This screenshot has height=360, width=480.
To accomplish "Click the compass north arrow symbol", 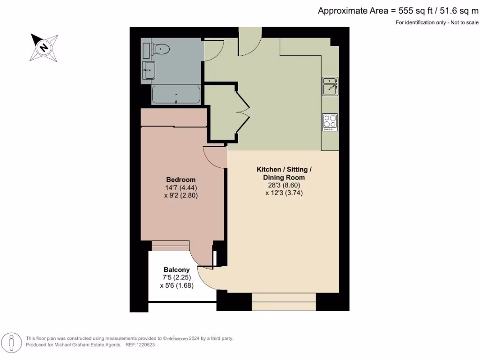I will [44, 47].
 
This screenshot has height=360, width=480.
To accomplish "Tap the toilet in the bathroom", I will [161, 48].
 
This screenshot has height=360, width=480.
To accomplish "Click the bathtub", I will [176, 95].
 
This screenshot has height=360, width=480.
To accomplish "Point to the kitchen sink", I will [330, 87].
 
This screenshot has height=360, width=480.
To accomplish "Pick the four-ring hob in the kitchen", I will [330, 122].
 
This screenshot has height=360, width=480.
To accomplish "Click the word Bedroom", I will [181, 180].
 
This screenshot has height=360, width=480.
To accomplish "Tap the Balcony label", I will [177, 270].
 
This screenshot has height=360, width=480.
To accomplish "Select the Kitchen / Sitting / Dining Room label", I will [284, 173].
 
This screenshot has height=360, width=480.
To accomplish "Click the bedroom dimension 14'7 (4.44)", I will [181, 187].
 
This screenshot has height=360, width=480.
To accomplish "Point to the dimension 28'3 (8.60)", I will [284, 185].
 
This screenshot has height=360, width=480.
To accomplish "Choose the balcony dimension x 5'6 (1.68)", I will [177, 285].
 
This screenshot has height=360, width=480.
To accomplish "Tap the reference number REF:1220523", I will [139, 345].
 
